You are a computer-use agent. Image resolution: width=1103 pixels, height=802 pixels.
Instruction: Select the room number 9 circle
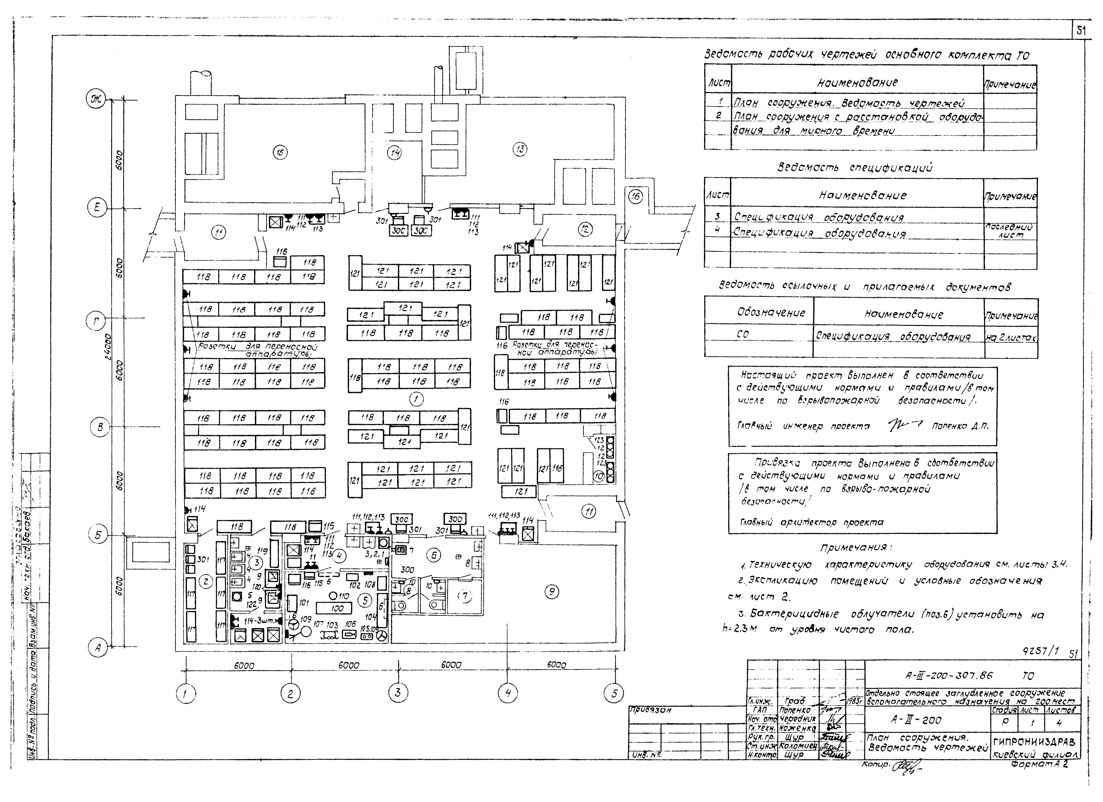[x=551, y=592]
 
